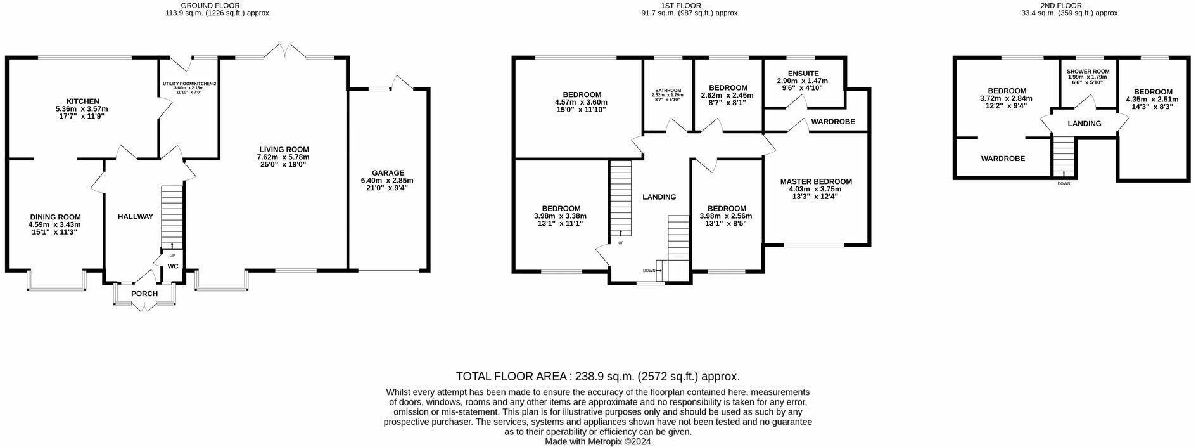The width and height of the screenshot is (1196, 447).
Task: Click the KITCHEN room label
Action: coord(82,101)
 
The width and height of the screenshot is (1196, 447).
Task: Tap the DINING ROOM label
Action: coord(54,217)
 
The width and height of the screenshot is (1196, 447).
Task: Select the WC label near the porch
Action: coord(173,267)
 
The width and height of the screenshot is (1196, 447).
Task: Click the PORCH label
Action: coord(144,294)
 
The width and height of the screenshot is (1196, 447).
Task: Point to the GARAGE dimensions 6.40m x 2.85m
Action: coord(387,181)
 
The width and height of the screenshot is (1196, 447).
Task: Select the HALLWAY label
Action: coord(136,216)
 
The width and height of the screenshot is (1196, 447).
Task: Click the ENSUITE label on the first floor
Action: coord(803,74)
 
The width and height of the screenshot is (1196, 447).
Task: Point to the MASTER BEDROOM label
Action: coord(815,181)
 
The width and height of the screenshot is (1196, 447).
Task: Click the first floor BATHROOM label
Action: coord(668,90)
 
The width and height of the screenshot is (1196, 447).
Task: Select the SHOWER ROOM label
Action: coord(1088,72)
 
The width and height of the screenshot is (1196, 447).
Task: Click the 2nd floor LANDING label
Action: coord(1084,124)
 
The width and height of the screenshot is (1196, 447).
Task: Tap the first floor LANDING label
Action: coord(659,197)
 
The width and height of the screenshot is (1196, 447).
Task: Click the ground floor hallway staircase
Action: coord(172,216)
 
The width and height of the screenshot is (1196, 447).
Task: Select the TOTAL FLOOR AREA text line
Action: coord(597,376)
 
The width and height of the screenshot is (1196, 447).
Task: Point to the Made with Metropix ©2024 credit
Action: coord(597,441)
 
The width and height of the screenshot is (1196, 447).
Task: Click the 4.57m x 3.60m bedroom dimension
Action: coord(580,102)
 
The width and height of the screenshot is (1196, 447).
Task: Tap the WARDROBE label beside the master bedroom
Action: coord(832,122)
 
